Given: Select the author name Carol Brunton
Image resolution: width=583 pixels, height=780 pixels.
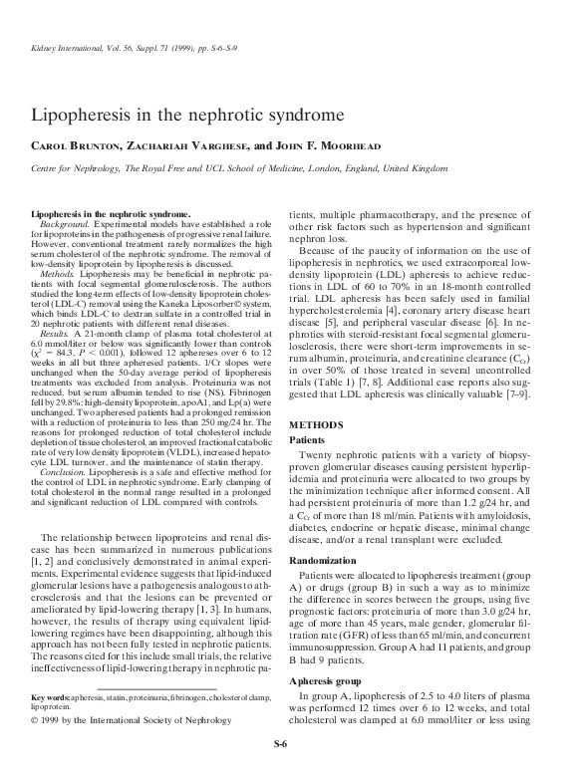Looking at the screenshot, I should (x=73, y=145).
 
